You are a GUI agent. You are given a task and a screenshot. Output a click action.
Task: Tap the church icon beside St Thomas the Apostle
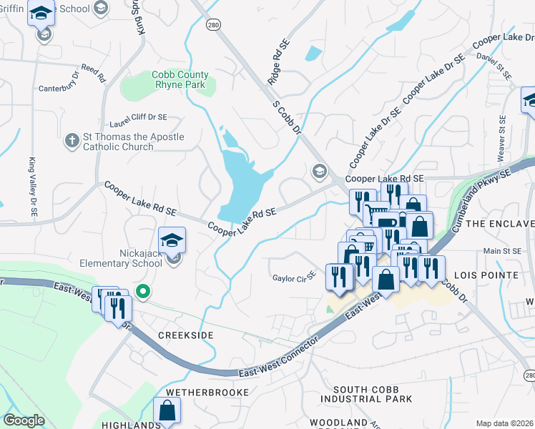point(72,141)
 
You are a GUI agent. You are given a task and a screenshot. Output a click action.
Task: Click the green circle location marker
point(143,291)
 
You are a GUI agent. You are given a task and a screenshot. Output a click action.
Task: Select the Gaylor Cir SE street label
point(294,277)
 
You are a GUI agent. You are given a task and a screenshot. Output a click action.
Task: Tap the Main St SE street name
point(501,251)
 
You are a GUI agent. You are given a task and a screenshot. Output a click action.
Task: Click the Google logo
point(24,420)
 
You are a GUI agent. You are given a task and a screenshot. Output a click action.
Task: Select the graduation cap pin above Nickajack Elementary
point(172,240)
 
